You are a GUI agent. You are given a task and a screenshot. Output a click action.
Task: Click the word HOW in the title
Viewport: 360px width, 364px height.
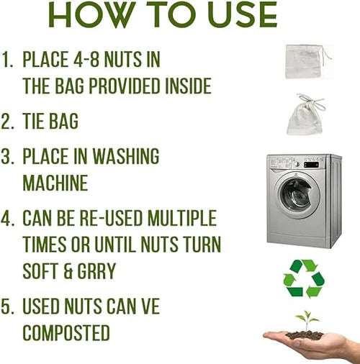click(x=92, y=14)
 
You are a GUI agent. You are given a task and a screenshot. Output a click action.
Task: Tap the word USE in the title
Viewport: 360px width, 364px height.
click(x=243, y=14)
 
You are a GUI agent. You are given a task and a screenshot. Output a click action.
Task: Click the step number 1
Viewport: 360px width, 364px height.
click(x=7, y=60)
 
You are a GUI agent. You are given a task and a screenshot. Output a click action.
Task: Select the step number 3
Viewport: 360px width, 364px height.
click(x=7, y=156)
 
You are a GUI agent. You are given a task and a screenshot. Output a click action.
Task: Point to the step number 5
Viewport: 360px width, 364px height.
click(x=7, y=306)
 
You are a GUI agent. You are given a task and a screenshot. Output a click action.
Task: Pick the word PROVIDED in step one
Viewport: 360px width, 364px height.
click(x=125, y=86)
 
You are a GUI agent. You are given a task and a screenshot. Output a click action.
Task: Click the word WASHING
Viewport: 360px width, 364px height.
click(x=126, y=156)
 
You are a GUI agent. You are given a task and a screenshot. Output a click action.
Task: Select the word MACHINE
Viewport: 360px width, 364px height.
click(x=55, y=183)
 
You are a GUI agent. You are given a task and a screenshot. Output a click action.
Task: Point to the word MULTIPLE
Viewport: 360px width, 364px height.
click(x=182, y=218)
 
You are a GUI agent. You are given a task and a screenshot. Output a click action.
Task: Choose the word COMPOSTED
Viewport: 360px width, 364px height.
click(x=66, y=332)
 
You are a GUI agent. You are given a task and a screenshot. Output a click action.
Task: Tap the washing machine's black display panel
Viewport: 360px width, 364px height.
click(x=312, y=165)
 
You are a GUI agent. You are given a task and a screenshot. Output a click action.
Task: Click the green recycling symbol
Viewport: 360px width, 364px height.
click(x=304, y=278)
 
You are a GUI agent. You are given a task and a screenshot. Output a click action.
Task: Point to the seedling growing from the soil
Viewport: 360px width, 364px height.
click(x=307, y=321)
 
